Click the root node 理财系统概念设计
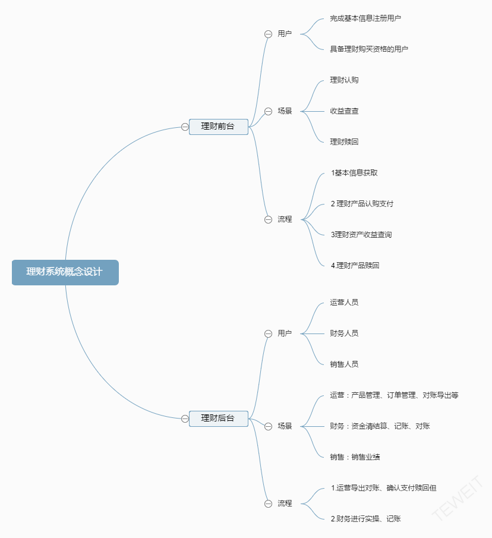pyautogui.click(x=65, y=272)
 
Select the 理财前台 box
pyautogui.click(x=219, y=127)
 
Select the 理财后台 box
pyautogui.click(x=219, y=419)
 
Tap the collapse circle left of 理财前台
pyautogui.click(x=185, y=127)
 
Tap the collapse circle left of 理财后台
pyautogui.click(x=185, y=419)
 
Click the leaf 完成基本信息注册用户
pyautogui.click(x=365, y=18)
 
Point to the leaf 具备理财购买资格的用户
pyautogui.click(x=369, y=49)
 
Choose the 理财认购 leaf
pyautogui.click(x=344, y=80)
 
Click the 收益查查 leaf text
pyautogui.click(x=344, y=111)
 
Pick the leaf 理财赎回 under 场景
pyautogui.click(x=344, y=141)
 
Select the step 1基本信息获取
pyautogui.click(x=354, y=173)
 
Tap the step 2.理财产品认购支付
pyautogui.click(x=362, y=204)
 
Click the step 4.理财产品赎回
pyautogui.click(x=355, y=266)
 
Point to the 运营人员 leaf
pyautogui.click(x=344, y=302)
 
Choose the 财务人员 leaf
pyautogui.click(x=344, y=333)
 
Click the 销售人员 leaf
pyautogui.click(x=344, y=364)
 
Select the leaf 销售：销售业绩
pyautogui.click(x=355, y=457)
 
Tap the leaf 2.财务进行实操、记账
pyautogui.click(x=366, y=519)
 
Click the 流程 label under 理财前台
pyautogui.click(x=285, y=219)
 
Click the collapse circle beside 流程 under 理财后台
pyautogui.click(x=268, y=504)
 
